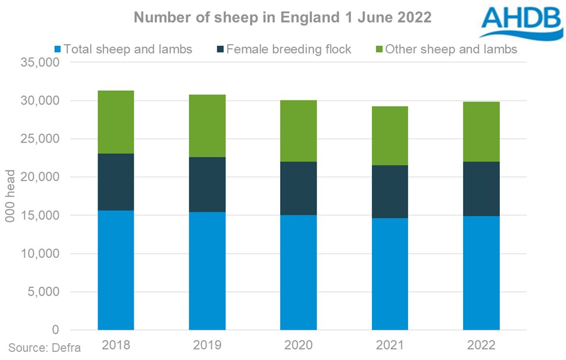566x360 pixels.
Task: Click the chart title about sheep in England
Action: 282,17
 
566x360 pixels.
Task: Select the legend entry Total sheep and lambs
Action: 123,49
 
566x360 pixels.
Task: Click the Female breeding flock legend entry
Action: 284,49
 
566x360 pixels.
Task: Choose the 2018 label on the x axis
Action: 116,345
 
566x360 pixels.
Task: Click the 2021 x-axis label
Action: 390,345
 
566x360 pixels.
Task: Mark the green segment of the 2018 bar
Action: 116,122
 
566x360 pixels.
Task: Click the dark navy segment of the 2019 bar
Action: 207,185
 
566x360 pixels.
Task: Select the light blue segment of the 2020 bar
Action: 298,272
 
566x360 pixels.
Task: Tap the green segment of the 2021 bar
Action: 390,136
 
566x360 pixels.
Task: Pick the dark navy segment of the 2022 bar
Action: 481,189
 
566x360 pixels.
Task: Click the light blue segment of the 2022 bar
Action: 481,273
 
